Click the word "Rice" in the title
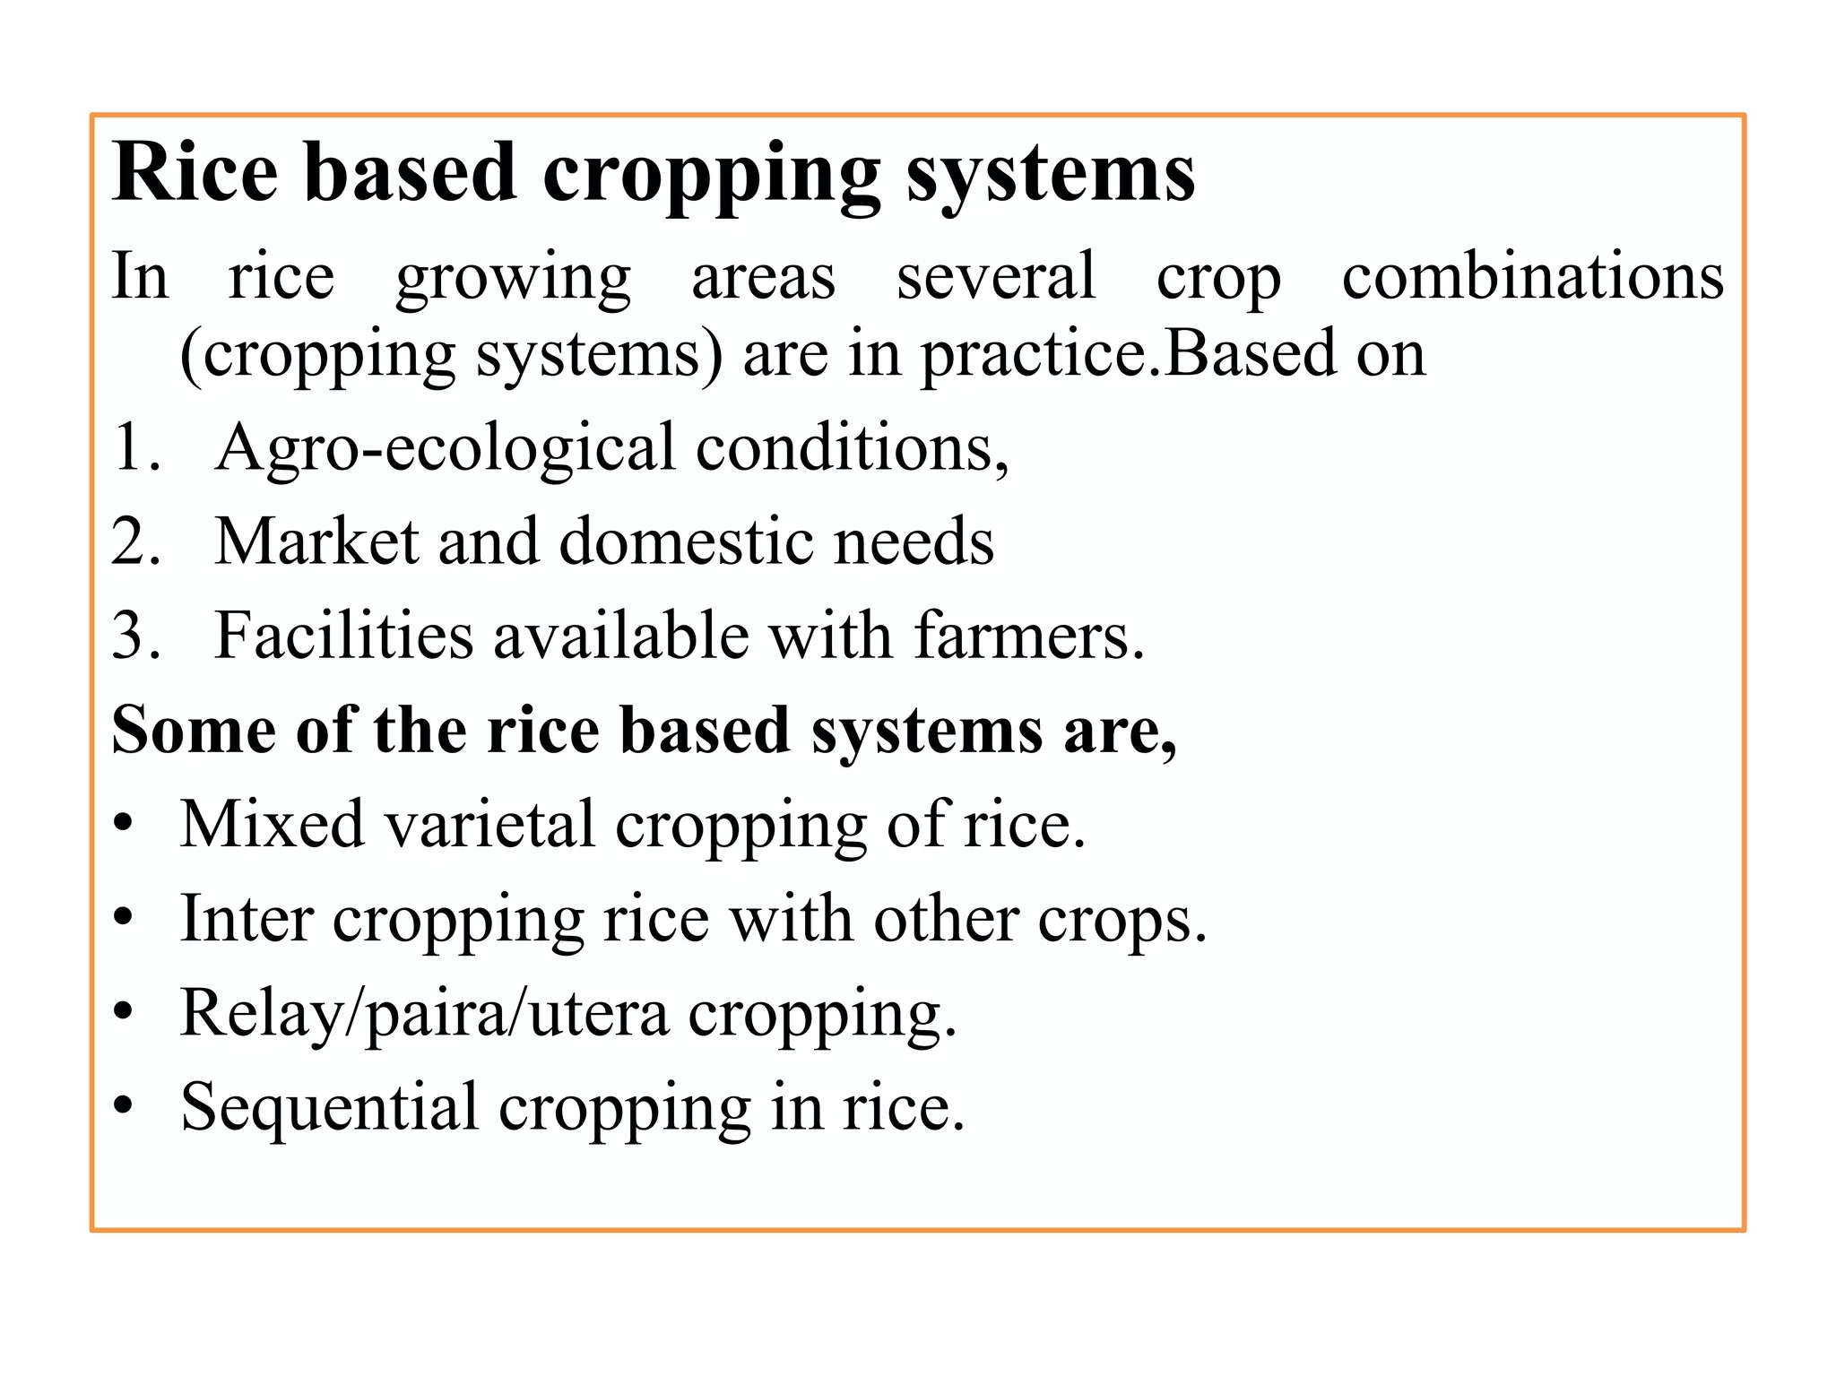click(195, 172)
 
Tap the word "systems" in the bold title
click(1050, 174)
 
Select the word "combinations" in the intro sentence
click(1532, 276)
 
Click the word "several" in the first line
click(995, 275)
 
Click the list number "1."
click(136, 446)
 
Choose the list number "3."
click(136, 636)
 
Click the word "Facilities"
click(343, 636)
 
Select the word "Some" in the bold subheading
click(194, 730)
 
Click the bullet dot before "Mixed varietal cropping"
click(124, 824)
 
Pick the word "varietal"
click(489, 824)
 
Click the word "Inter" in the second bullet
click(247, 918)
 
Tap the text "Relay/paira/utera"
click(424, 1014)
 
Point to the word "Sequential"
click(329, 1107)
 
